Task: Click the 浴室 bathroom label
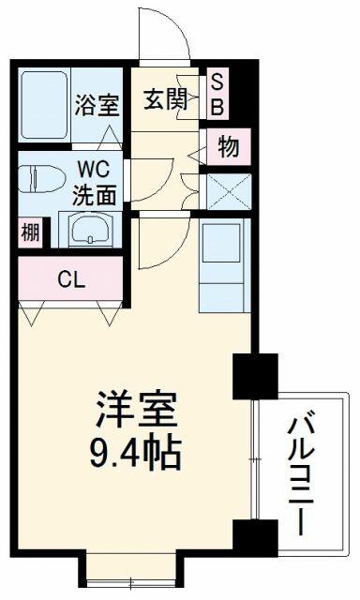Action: pyautogui.click(x=97, y=105)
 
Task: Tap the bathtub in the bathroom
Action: pyautogui.click(x=44, y=105)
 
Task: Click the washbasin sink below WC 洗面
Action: pyautogui.click(x=90, y=230)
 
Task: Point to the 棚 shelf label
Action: pyautogui.click(x=30, y=232)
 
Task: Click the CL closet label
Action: pyautogui.click(x=71, y=280)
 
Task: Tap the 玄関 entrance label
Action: pyautogui.click(x=166, y=99)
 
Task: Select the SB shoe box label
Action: pyautogui.click(x=217, y=94)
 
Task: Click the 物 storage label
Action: pyautogui.click(x=229, y=146)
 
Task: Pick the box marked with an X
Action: pyautogui.click(x=229, y=191)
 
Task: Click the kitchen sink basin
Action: pyautogui.click(x=221, y=243)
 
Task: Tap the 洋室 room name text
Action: pyautogui.click(x=136, y=410)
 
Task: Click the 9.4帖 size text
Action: pyautogui.click(x=135, y=452)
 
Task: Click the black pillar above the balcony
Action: pyautogui.click(x=255, y=376)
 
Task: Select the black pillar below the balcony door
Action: pyautogui.click(x=255, y=537)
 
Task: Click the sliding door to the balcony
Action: pyautogui.click(x=255, y=459)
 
